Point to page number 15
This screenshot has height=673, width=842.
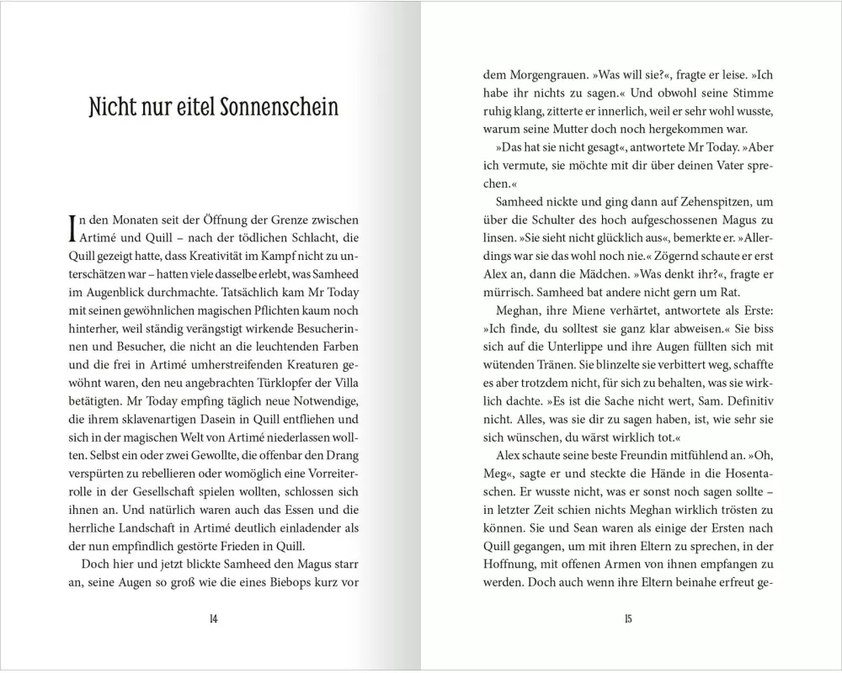click(x=628, y=619)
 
